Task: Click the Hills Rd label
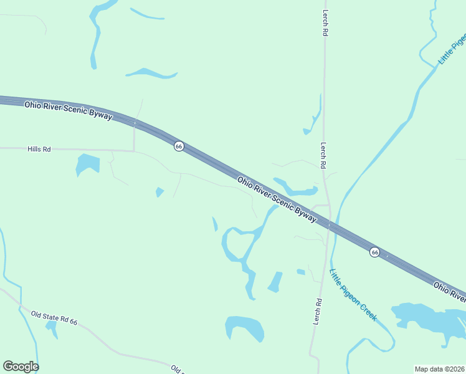point(39,150)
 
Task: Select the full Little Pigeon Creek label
point(353,295)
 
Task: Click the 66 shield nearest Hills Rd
point(179,146)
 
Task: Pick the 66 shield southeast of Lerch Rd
point(374,252)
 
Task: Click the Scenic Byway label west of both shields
point(69,111)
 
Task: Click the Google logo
point(21,367)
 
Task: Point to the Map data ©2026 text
point(439,369)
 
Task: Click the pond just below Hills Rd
point(87,164)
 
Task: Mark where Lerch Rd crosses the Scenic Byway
point(329,224)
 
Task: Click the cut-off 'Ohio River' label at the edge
point(450,290)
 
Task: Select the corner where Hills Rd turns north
point(134,150)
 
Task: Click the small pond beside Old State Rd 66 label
point(52,328)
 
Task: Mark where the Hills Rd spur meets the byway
point(135,123)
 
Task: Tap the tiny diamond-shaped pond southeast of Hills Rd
point(159,192)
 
